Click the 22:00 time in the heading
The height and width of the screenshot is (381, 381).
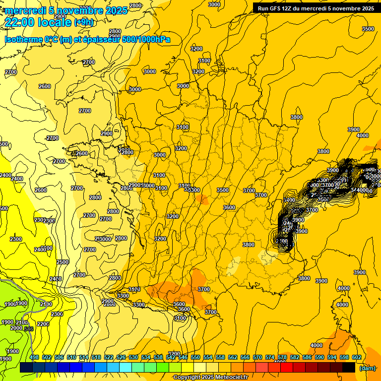pos(20,22)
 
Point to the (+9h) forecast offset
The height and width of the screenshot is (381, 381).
pos(83,22)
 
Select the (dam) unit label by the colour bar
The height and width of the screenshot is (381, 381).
pos(368,368)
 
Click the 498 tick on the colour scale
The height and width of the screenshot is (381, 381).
pos(34,357)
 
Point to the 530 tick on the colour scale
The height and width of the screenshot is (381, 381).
pos(133,357)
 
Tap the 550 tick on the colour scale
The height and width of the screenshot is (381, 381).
pos(195,357)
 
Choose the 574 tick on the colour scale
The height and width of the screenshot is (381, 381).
pos(270,357)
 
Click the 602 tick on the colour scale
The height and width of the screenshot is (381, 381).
pos(357,357)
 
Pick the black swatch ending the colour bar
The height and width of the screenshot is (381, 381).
pos(349,368)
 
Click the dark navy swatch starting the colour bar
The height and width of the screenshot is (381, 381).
pos(26,368)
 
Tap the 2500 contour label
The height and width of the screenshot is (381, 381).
pos(63,262)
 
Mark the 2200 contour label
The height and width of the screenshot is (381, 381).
pos(43,324)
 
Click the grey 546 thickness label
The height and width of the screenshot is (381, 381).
pos(29,329)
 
